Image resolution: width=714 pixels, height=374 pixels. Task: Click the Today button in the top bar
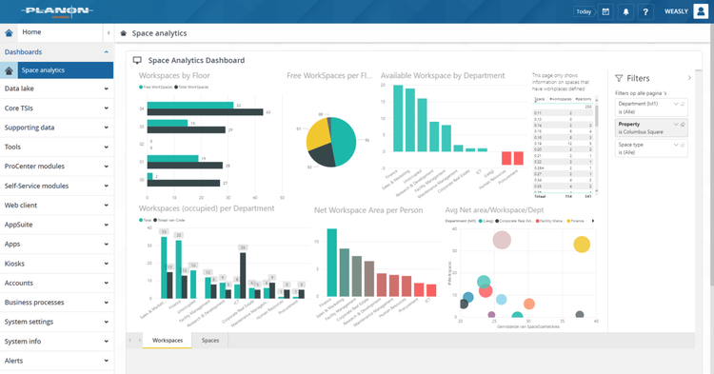coord(583,11)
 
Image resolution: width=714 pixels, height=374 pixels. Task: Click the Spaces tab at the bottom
coord(210,340)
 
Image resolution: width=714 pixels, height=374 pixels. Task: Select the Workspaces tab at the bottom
coord(168,340)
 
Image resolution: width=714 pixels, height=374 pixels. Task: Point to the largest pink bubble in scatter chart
coord(503,242)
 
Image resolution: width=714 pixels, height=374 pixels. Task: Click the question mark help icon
coord(645,11)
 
